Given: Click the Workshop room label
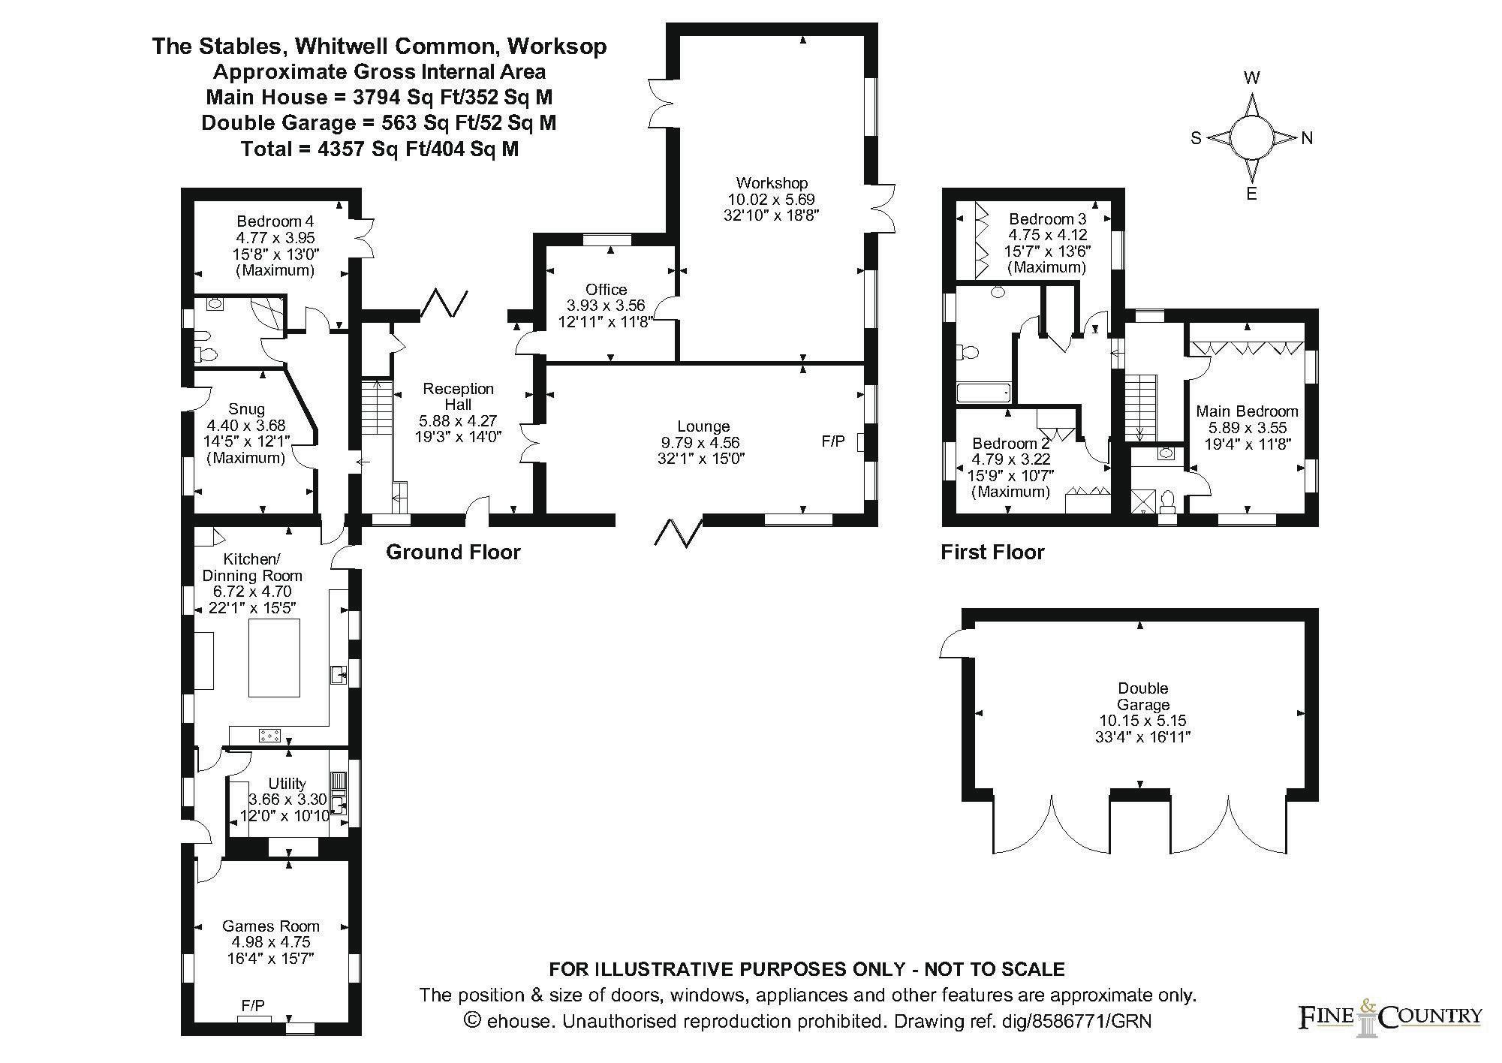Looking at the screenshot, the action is tap(772, 182).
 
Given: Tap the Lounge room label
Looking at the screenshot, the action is tap(703, 426).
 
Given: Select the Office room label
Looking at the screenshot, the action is tap(606, 290).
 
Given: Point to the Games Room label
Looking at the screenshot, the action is tap(270, 926).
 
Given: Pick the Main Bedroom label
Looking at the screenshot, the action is tap(1247, 411).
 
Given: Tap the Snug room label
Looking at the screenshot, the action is tap(246, 409).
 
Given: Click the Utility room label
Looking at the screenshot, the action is tap(287, 784).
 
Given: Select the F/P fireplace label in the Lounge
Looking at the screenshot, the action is tap(832, 441).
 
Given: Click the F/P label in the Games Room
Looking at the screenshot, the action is tap(253, 1005).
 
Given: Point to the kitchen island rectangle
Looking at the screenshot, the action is tap(274, 658).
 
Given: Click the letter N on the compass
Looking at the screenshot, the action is tap(1307, 138).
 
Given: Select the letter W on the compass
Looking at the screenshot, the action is tap(1251, 77).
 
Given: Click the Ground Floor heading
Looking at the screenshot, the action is tap(453, 553).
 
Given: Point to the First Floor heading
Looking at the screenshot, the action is tap(992, 553).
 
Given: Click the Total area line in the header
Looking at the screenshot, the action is tap(379, 149).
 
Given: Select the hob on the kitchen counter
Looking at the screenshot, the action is tap(269, 736).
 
